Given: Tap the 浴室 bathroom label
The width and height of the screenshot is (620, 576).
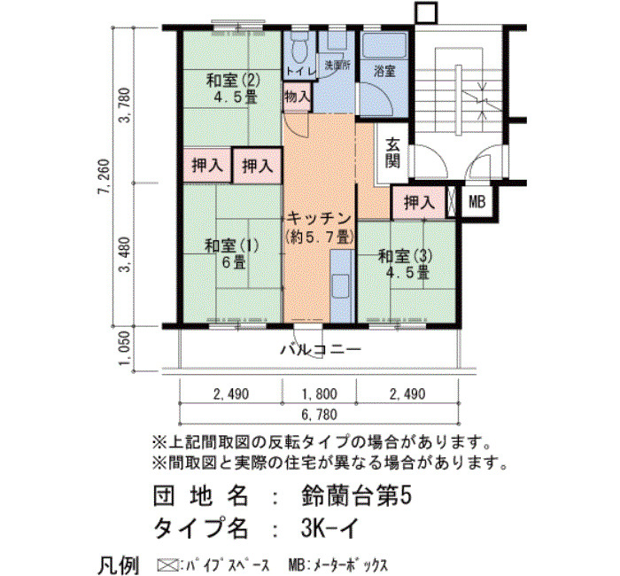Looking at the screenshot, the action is pyautogui.click(x=384, y=72).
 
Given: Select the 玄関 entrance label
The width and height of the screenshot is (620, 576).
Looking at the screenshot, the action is pyautogui.click(x=392, y=153).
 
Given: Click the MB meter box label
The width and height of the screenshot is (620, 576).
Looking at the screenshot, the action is pyautogui.click(x=477, y=202).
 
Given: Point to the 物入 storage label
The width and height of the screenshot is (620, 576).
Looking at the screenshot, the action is pyautogui.click(x=297, y=97).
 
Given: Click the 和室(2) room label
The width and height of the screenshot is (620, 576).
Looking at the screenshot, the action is pyautogui.click(x=233, y=82).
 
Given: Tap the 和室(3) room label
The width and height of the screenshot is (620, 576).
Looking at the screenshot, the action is pyautogui.click(x=406, y=256).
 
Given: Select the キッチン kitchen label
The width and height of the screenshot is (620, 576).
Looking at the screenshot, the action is pyautogui.click(x=319, y=219).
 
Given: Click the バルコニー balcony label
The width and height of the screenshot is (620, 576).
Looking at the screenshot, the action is pyautogui.click(x=321, y=350).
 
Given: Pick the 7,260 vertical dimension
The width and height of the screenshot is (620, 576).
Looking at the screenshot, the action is pyautogui.click(x=104, y=176).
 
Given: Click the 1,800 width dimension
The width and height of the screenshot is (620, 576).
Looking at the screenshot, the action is pyautogui.click(x=320, y=394).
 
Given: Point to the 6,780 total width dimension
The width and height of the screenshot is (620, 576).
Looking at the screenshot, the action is pyautogui.click(x=320, y=415).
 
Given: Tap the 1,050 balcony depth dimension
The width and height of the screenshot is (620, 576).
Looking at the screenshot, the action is pyautogui.click(x=125, y=349).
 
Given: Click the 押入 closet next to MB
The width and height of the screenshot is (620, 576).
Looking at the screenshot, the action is pyautogui.click(x=419, y=203).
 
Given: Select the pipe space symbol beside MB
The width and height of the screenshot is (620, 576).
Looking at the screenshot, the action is pyautogui.click(x=451, y=201).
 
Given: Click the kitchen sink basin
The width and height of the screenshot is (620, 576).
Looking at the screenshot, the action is pyautogui.click(x=340, y=286).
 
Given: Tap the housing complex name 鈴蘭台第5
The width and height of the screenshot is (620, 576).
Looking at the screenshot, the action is pyautogui.click(x=356, y=495).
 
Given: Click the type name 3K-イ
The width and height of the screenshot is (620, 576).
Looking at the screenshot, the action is pyautogui.click(x=329, y=528).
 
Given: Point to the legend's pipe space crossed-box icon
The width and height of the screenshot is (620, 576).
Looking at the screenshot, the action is pyautogui.click(x=167, y=564).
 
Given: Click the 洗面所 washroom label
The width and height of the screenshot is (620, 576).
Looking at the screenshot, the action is pyautogui.click(x=337, y=66).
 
